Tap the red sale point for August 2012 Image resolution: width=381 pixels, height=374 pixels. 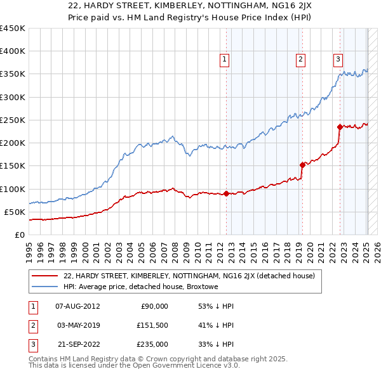[x=227, y=194]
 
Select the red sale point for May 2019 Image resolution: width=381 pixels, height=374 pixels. [x=302, y=165]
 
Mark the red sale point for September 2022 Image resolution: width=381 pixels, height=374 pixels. [x=340, y=127]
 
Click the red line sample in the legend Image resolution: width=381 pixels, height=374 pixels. [x=44, y=276]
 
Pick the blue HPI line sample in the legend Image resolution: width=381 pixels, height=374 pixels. [x=44, y=287]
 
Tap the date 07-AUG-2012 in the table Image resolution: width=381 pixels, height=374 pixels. [x=77, y=306]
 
